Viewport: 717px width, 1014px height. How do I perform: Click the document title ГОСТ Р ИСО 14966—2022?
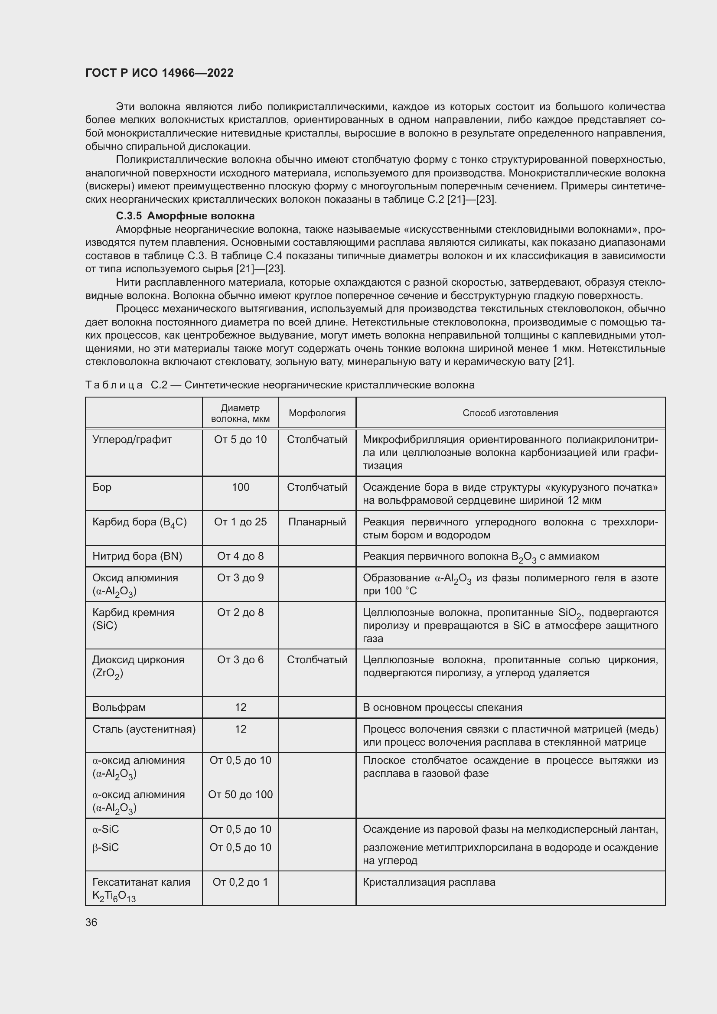[x=160, y=73]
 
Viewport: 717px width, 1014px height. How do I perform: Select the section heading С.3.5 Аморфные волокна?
[x=185, y=216]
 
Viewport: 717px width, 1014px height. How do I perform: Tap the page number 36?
[x=91, y=922]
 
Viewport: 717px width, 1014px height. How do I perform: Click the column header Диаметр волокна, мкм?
[x=240, y=413]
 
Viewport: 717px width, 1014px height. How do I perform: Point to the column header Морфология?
[x=317, y=413]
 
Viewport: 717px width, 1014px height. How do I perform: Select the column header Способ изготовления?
[x=510, y=413]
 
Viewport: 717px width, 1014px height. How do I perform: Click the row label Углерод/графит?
[x=132, y=440]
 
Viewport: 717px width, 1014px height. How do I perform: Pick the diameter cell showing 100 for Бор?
[x=240, y=487]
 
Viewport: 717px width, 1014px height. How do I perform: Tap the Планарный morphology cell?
[x=317, y=522]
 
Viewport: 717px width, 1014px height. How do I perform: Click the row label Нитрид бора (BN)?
[x=137, y=556]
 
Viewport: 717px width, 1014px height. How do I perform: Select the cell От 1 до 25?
[x=240, y=522]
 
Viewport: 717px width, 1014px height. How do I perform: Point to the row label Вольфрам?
[x=119, y=708]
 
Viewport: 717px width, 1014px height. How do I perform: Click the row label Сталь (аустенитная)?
[x=143, y=729]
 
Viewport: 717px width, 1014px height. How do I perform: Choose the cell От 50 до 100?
[x=240, y=795]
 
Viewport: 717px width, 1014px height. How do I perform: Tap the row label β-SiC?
[x=105, y=848]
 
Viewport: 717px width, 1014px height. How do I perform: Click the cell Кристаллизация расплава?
[x=429, y=882]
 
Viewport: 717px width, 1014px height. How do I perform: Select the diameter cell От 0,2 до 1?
[x=240, y=882]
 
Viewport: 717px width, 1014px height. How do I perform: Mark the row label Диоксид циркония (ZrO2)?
[x=138, y=666]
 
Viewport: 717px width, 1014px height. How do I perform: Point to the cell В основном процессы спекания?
[x=443, y=708]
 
